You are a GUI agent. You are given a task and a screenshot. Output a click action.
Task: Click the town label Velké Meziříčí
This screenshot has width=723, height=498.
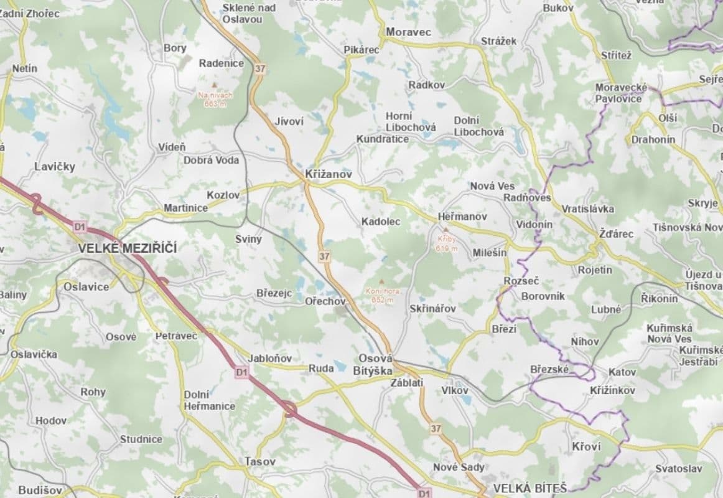pyautogui.click(x=128, y=248)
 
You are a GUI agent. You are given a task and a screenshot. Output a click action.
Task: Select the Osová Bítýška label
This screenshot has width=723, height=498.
pyautogui.click(x=376, y=365)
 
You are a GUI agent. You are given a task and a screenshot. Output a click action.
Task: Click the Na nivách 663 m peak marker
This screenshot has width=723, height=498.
pyautogui.click(x=215, y=95)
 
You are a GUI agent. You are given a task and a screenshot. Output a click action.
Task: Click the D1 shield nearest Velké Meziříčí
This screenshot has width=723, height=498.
pyautogui.click(x=79, y=227)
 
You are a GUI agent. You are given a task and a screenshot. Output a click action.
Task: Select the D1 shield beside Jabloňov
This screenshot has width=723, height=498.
pyautogui.click(x=241, y=372)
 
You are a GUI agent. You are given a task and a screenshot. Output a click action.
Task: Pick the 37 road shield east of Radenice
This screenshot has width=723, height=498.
pyautogui.click(x=259, y=69)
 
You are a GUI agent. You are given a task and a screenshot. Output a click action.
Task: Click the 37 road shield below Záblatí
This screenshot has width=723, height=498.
pyautogui.click(x=436, y=428)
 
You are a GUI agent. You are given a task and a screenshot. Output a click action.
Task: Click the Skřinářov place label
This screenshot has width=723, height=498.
pyautogui.click(x=433, y=309)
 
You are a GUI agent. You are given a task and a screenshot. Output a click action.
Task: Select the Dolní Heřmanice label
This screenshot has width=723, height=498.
pyautogui.click(x=209, y=400)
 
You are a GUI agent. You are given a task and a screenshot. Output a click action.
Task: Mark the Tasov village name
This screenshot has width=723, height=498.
pyautogui.click(x=260, y=462)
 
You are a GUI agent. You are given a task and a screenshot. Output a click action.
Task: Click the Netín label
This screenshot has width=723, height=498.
pyautogui.click(x=24, y=68)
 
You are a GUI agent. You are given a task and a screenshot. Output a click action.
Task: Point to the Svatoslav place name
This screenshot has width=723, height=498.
pyautogui.click(x=678, y=469)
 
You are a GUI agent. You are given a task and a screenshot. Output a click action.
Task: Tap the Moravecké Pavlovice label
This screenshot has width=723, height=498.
pyautogui.click(x=621, y=93)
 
